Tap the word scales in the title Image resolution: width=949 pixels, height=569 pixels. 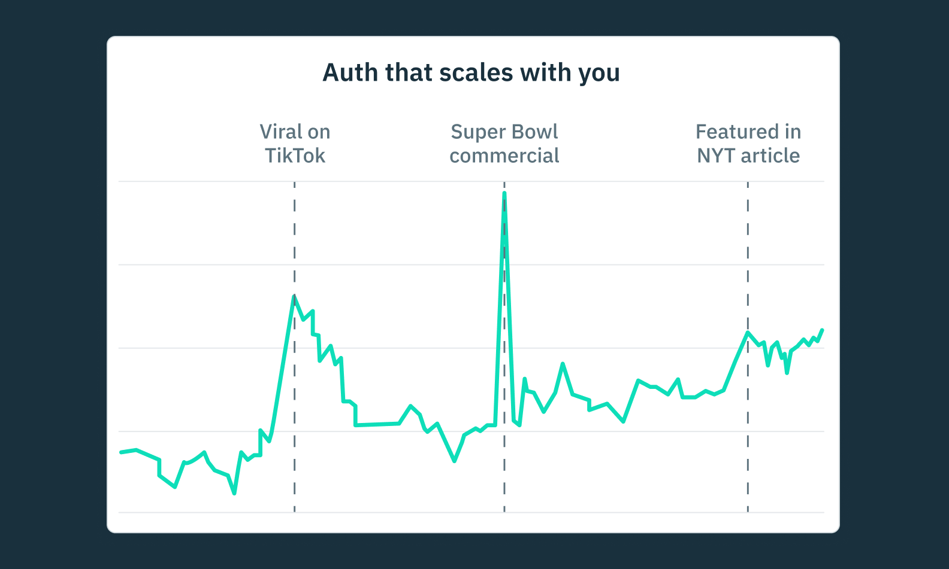(476, 73)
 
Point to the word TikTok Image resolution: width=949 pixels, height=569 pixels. (295, 156)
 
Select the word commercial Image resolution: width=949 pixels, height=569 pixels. (504, 156)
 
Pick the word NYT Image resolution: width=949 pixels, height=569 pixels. (716, 156)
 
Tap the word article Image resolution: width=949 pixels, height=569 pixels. (770, 156)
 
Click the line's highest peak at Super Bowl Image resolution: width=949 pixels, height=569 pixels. (504, 194)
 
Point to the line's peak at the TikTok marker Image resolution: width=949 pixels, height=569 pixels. (294, 296)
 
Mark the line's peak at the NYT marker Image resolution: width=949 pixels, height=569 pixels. (748, 333)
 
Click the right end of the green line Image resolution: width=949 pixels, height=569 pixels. (822, 330)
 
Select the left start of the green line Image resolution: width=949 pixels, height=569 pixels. (121, 452)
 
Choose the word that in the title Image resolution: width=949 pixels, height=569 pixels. (409, 73)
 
